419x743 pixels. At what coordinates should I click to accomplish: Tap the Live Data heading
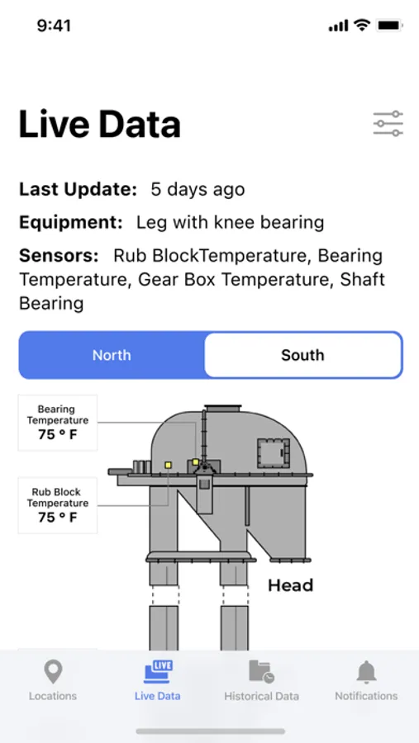[x=100, y=125]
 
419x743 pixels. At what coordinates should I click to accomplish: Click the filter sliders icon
[x=388, y=124]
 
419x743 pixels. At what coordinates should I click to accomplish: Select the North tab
[x=112, y=355]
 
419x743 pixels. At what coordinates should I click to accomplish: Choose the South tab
[x=302, y=355]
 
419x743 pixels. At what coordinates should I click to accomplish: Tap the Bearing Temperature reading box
[x=57, y=423]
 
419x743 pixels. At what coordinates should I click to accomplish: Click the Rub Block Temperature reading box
[x=57, y=505]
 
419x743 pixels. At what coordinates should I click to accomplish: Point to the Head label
[x=290, y=585]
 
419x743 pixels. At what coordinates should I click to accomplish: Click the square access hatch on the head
[x=274, y=453]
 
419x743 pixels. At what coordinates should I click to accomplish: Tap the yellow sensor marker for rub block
[x=168, y=466]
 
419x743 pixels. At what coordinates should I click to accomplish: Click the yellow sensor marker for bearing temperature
[x=196, y=462]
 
